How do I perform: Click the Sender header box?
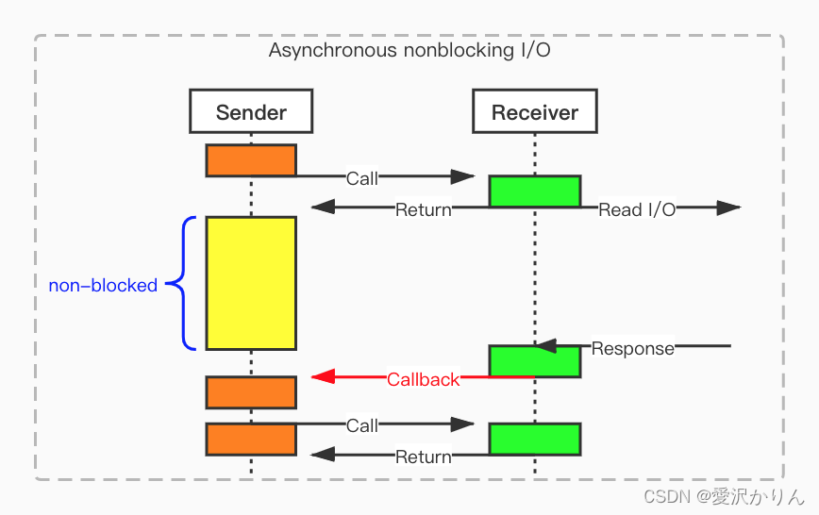tap(251, 111)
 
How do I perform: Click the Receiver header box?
tap(535, 111)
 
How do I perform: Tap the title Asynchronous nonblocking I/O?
tap(409, 50)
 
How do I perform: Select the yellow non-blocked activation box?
tap(251, 283)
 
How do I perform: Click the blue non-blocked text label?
tap(103, 285)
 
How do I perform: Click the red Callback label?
tap(423, 379)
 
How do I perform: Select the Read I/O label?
tap(637, 209)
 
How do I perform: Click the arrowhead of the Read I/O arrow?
tap(729, 208)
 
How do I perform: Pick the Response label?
tap(632, 348)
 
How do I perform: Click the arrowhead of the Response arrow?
tap(546, 346)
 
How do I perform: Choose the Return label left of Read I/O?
tap(423, 209)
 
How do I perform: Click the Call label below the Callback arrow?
tap(362, 425)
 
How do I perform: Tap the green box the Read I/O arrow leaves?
tap(535, 191)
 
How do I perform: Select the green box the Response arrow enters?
tap(535, 361)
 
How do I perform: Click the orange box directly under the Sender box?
tap(251, 160)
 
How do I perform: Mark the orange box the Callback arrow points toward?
tap(251, 392)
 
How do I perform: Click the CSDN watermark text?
tap(724, 496)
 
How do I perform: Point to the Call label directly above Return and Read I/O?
tap(362, 178)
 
